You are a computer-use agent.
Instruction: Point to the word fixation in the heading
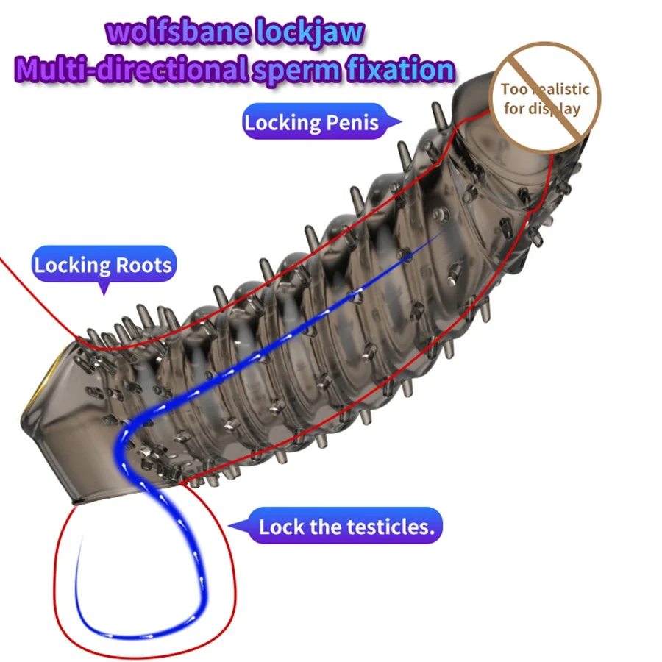click(401, 69)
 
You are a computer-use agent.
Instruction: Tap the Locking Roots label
click(103, 265)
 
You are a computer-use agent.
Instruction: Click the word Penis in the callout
click(352, 122)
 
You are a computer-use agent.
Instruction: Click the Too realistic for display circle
click(545, 99)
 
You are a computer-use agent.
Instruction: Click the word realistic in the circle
click(557, 90)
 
